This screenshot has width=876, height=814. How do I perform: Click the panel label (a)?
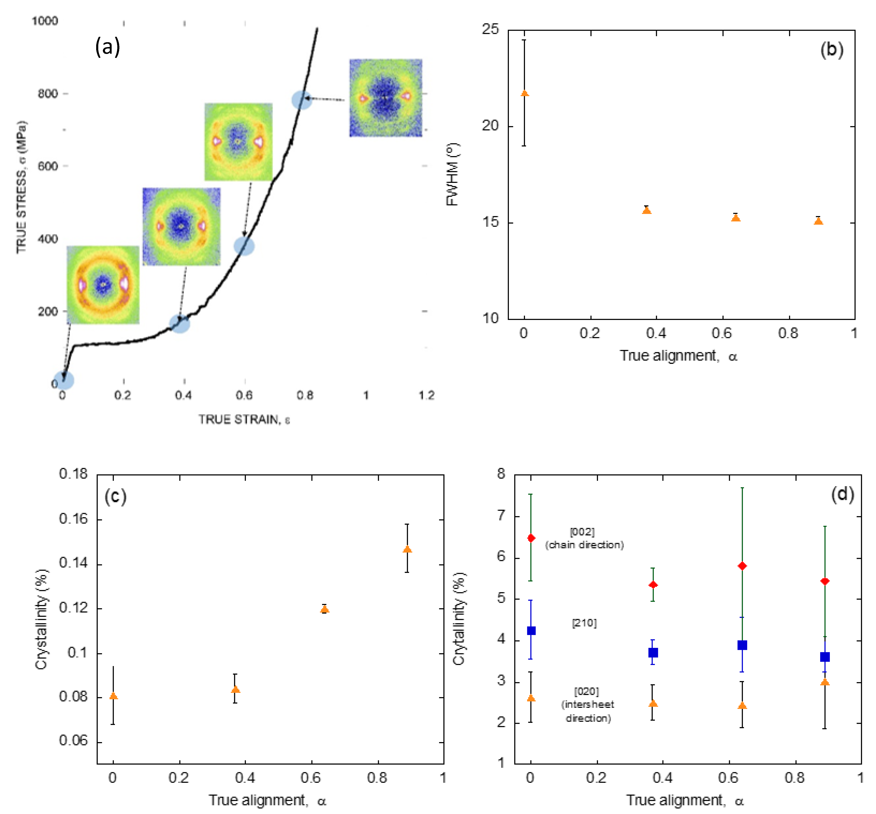click(107, 47)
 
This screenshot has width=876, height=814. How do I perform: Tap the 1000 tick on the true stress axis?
click(45, 21)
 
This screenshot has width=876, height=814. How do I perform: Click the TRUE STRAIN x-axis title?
click(244, 419)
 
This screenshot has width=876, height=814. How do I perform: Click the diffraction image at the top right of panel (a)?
click(386, 98)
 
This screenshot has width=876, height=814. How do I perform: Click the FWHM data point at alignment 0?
click(524, 93)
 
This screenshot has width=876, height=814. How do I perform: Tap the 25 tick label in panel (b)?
click(490, 29)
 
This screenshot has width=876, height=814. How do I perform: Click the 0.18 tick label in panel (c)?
click(74, 474)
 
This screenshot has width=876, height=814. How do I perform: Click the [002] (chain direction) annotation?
click(584, 538)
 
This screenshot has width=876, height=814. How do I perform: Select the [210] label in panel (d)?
click(584, 623)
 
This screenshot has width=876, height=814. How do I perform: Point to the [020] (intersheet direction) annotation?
click(587, 705)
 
